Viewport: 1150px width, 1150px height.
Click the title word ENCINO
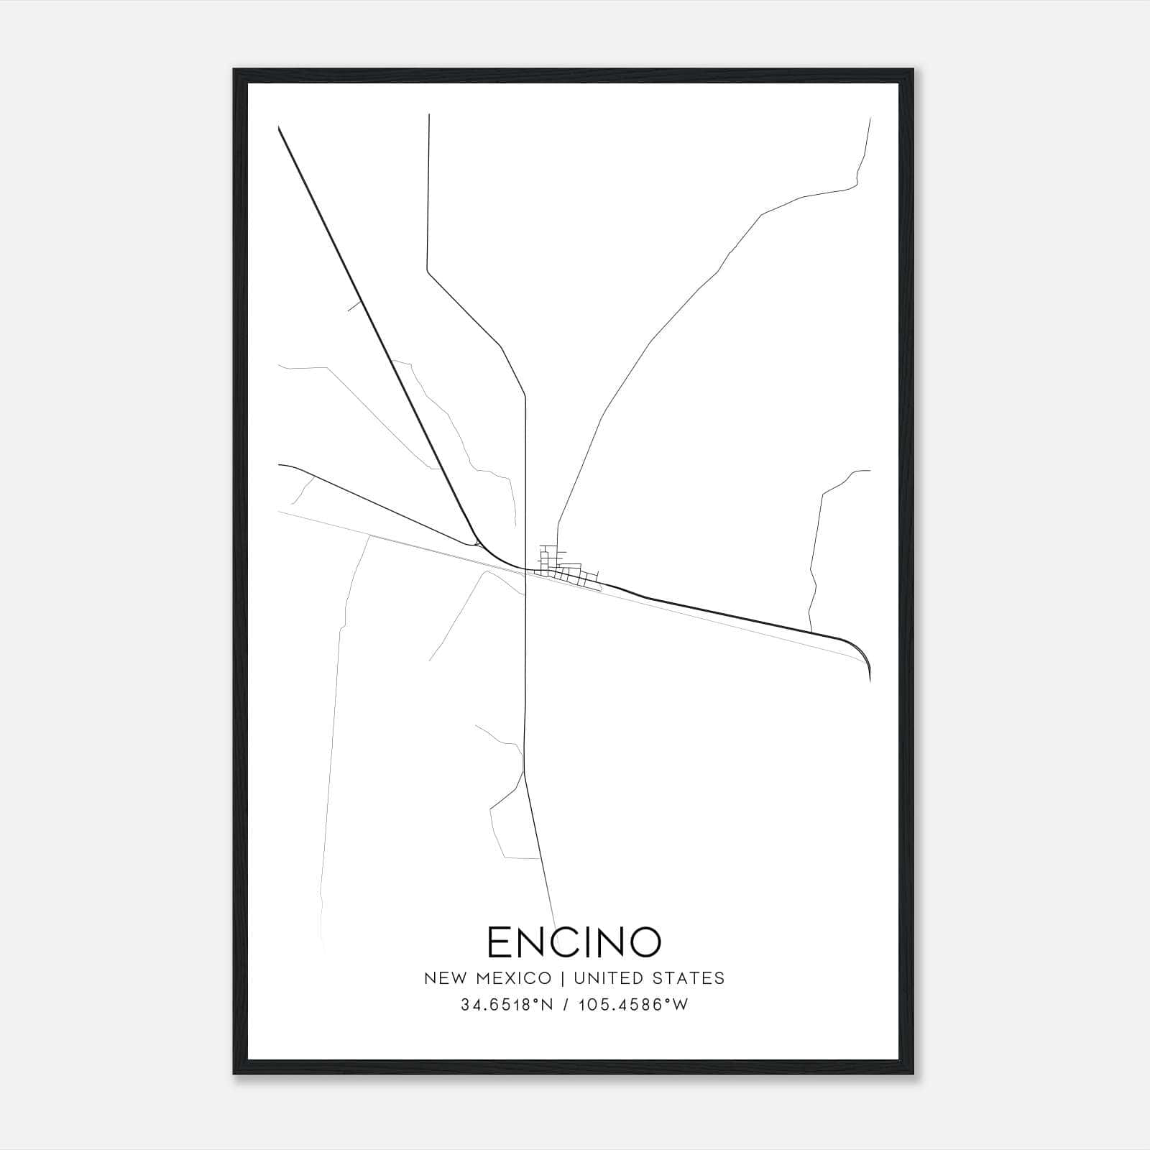[574, 942]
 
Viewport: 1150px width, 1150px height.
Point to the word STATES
[689, 978]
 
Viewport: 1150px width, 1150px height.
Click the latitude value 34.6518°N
[507, 1005]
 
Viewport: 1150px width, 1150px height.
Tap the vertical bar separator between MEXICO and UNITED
[563, 978]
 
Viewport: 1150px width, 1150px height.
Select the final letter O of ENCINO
[647, 942]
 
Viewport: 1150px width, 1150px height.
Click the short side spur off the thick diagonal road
[353, 306]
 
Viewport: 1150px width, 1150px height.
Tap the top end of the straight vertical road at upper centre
[429, 114]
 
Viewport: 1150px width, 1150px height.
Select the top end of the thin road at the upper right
[870, 119]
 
